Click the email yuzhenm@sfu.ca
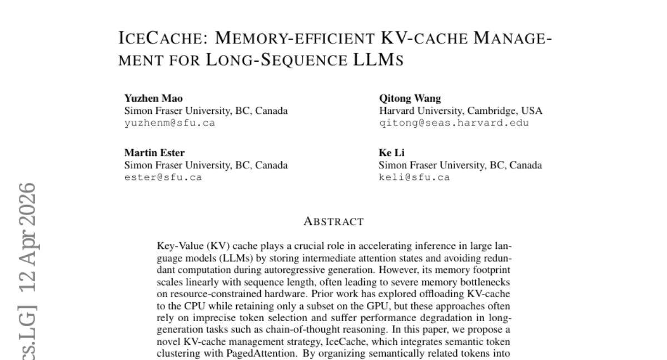tap(169, 123)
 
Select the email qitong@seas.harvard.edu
tap(454, 123)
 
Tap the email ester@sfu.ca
tap(163, 177)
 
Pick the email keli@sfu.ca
tap(414, 177)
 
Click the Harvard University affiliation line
tap(460, 111)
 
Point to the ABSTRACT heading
tap(333, 222)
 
